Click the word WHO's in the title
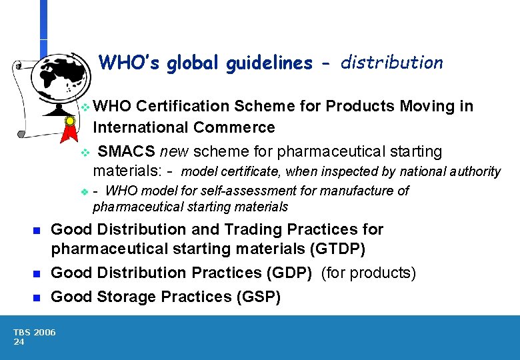tap(130, 63)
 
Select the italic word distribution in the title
tap(391, 63)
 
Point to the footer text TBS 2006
tap(35, 332)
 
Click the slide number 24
tap(19, 341)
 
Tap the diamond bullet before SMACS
tap(84, 153)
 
